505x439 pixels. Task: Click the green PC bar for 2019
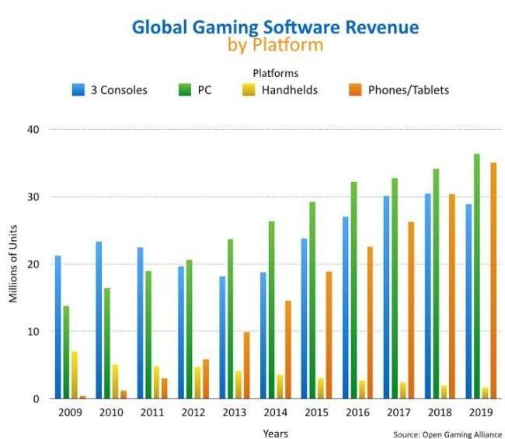click(x=477, y=276)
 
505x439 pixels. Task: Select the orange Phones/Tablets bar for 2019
click(x=493, y=280)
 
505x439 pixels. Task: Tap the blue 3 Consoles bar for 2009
click(x=58, y=327)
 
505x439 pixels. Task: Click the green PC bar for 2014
click(x=272, y=310)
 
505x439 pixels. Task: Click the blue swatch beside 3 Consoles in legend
click(x=78, y=89)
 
